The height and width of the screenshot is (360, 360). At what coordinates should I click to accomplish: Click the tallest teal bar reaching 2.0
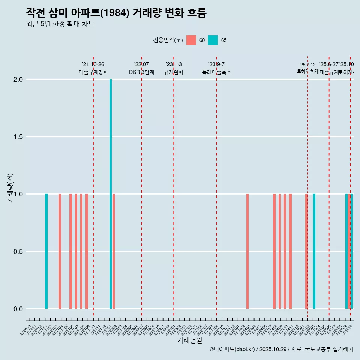click(111, 194)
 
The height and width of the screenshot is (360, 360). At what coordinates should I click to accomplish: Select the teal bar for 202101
click(46, 251)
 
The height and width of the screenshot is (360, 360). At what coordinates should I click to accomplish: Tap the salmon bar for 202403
click(247, 251)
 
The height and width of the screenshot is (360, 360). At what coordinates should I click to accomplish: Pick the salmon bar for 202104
click(60, 251)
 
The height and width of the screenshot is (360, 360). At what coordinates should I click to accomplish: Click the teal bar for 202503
click(314, 251)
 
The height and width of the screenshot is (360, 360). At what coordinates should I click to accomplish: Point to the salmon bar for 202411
click(290, 251)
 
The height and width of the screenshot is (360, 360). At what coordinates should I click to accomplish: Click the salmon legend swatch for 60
click(191, 40)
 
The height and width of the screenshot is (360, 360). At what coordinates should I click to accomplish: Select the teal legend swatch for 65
click(213, 40)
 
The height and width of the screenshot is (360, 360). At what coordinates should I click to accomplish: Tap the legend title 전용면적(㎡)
click(168, 40)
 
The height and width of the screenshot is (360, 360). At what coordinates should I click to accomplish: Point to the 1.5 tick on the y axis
click(18, 137)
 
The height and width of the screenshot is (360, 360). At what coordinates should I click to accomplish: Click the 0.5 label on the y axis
click(18, 252)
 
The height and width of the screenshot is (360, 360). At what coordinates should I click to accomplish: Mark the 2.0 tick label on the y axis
click(18, 79)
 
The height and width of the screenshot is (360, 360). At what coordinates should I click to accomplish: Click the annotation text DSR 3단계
click(141, 72)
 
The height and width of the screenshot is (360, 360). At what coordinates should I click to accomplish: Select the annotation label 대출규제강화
click(93, 72)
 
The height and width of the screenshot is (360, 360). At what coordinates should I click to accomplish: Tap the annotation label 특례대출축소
click(216, 72)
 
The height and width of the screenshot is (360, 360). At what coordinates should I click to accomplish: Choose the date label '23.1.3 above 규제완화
click(174, 64)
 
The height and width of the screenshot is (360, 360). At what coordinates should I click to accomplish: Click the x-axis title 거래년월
click(189, 340)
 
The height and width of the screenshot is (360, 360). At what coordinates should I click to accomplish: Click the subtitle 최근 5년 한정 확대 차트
click(60, 24)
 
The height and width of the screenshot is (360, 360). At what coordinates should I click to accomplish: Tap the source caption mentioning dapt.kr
click(281, 349)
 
